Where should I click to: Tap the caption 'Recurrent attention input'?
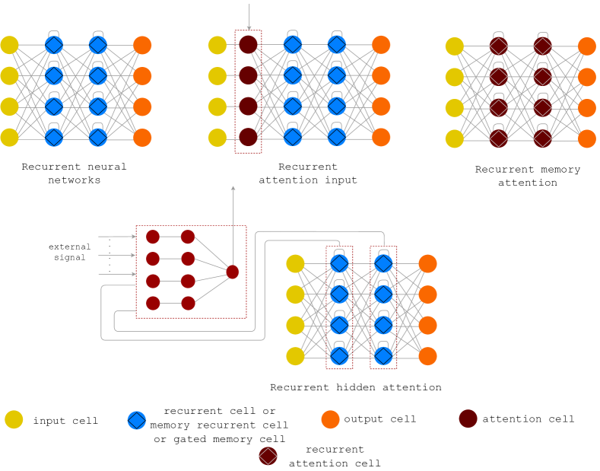point(307,173)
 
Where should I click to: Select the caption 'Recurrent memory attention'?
point(527,176)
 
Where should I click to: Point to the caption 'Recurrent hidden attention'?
point(355,387)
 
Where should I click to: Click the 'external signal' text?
point(69,252)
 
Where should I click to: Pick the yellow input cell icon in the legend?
point(14,419)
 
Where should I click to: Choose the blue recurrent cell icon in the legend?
point(136,419)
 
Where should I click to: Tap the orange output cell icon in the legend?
point(330,418)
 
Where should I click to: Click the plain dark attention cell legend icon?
point(468,418)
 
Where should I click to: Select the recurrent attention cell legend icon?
point(268,456)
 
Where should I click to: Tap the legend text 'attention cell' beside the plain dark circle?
point(528,418)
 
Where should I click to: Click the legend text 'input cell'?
point(65,420)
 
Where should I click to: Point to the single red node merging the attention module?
point(233,272)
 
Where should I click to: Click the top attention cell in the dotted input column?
point(249,45)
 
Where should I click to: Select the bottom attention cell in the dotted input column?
point(249,138)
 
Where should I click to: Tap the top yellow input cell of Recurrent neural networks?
point(9,45)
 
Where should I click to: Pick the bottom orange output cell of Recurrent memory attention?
point(586,138)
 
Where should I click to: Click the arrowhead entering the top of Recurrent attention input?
point(249,29)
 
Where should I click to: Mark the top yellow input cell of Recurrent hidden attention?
point(295,264)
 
